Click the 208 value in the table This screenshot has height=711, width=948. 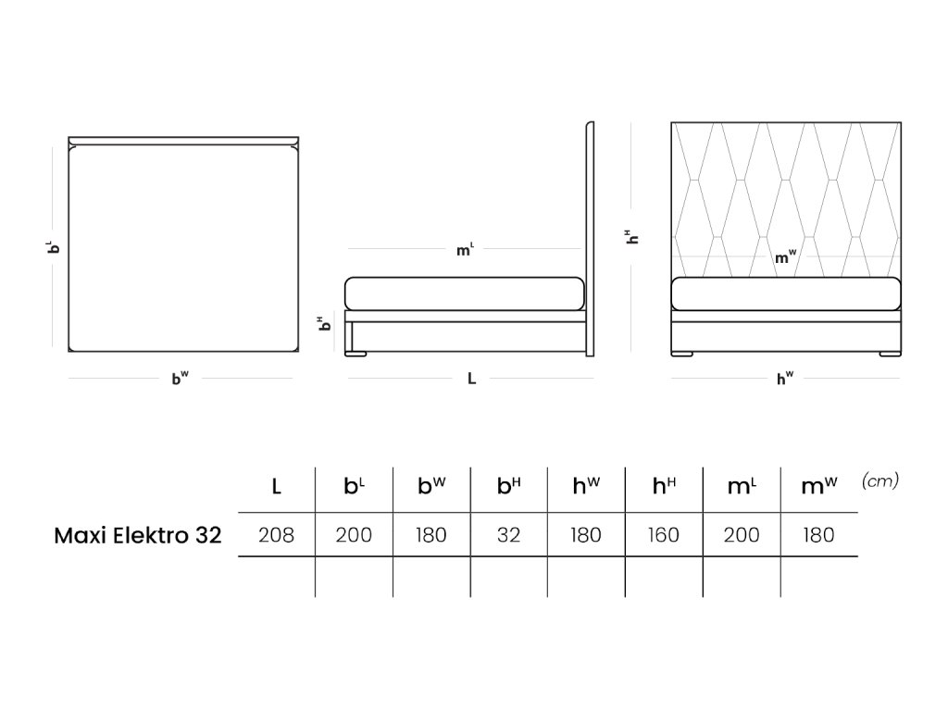[276, 535]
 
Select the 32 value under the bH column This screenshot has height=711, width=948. [508, 535]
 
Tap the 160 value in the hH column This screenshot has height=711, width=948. [663, 535]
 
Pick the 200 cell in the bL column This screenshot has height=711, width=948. [354, 535]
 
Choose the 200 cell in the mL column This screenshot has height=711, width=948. [741, 535]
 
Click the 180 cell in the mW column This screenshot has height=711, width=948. [818, 535]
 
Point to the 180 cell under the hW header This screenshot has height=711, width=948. [585, 535]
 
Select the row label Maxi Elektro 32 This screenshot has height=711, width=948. [138, 535]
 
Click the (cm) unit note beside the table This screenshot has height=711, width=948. [879, 480]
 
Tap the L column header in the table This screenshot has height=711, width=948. [276, 485]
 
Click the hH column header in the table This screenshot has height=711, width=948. [663, 485]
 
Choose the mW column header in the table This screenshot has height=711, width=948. [818, 485]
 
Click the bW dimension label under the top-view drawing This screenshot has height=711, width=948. [180, 378]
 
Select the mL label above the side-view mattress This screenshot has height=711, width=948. [465, 250]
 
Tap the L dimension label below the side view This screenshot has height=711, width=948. [471, 379]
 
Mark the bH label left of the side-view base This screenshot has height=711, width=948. [323, 324]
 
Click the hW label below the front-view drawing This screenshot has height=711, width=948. [785, 378]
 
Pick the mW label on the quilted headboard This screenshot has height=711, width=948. [785, 258]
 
